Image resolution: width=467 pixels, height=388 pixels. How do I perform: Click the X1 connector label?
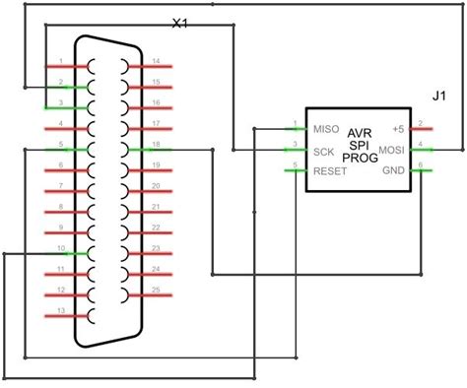[180, 22]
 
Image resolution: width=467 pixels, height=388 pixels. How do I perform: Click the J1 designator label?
[439, 96]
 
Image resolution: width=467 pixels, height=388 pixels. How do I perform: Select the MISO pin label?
[327, 129]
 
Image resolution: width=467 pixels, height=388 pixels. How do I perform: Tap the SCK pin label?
[324, 152]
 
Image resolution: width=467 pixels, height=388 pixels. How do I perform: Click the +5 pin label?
[398, 129]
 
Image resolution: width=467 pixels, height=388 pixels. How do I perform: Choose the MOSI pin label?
[393, 151]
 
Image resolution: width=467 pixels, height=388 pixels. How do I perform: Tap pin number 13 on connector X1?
[62, 311]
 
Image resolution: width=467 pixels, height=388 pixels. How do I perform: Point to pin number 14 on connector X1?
[157, 61]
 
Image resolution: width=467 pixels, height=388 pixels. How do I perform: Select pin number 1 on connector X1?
[61, 61]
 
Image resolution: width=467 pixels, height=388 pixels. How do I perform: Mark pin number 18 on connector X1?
[157, 144]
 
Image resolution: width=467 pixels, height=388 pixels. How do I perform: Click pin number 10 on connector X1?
[61, 247]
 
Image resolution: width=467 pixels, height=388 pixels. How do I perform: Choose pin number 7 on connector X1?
[61, 185]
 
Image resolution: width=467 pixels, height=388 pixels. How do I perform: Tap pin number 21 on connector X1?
[157, 206]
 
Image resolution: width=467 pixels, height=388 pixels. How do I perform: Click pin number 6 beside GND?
[420, 165]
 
